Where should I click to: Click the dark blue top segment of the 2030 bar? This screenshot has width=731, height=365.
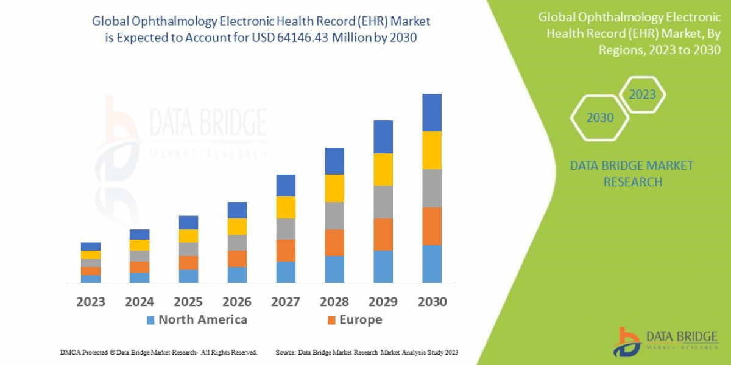point(431,113)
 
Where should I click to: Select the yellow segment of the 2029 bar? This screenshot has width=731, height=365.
point(383,169)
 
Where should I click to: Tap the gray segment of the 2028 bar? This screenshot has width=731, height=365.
point(334,215)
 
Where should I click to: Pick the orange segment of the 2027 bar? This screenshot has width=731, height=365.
point(286,250)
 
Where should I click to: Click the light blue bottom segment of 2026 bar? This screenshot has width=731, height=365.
point(237,275)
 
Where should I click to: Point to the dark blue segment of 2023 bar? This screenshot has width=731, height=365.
point(91,246)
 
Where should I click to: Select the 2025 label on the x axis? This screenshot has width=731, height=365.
point(188,302)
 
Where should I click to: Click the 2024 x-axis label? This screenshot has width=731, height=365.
point(139,302)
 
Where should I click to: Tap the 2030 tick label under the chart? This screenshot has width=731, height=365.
point(431,302)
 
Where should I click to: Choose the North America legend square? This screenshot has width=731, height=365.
point(150,320)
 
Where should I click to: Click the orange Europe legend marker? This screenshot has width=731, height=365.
point(331,320)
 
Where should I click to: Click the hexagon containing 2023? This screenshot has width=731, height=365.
point(642,94)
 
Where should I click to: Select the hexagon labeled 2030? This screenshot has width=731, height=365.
point(600,117)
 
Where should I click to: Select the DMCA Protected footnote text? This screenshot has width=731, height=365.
point(158,352)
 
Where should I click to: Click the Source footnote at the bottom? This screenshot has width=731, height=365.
point(366,352)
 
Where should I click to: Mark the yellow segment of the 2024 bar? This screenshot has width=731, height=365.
point(139,245)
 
